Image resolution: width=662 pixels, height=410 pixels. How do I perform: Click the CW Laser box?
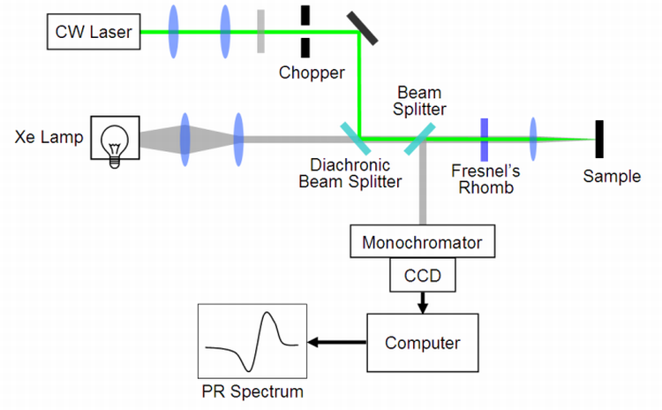coord(93,33)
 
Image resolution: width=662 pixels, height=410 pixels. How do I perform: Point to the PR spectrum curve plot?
coord(252,339)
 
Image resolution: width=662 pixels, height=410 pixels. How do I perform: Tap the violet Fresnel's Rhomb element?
coord(485,139)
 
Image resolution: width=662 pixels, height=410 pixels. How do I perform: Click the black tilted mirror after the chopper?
coord(366,27)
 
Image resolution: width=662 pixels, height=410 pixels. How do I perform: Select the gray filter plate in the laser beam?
coord(261,33)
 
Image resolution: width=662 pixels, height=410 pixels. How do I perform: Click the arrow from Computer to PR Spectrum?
coord(336,341)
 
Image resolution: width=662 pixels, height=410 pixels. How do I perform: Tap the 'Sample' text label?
coord(612,177)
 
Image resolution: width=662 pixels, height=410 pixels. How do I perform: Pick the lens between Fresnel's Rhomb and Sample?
coord(533,139)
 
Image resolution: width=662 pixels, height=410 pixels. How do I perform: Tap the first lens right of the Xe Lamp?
coord(185,139)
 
